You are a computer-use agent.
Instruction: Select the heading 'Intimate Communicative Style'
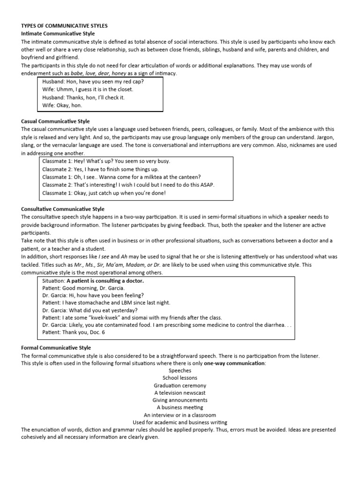[x=58, y=34]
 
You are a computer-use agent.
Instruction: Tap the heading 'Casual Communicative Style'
[x=55, y=121]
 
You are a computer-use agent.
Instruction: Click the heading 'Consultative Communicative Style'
[x=63, y=209]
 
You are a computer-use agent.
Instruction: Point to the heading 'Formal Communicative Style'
[x=56, y=348]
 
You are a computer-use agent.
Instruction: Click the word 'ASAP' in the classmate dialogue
[x=206, y=185]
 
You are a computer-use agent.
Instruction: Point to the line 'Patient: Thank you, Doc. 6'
[x=74, y=332]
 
